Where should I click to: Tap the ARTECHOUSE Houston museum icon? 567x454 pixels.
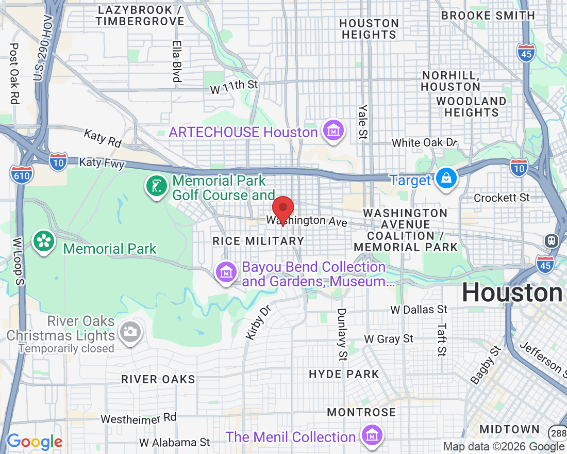tap(332, 132)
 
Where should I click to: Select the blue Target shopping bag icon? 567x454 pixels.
tap(445, 179)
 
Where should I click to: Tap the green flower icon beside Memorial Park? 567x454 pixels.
tap(44, 242)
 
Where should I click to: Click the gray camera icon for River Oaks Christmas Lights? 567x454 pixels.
tap(130, 331)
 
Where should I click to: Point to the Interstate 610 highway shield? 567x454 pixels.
tap(21, 175)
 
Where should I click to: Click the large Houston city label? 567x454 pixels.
tap(512, 293)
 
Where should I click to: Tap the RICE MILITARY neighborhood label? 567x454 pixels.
tap(258, 241)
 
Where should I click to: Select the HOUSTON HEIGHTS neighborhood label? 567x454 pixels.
tap(369, 29)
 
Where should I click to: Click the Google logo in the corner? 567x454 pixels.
tap(34, 442)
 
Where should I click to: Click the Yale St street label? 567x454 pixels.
tap(364, 122)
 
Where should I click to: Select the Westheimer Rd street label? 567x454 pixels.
tap(139, 418)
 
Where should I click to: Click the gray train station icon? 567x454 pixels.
tap(552, 240)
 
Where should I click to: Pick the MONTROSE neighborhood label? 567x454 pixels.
tap(361, 412)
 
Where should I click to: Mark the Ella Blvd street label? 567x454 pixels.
tap(177, 61)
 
